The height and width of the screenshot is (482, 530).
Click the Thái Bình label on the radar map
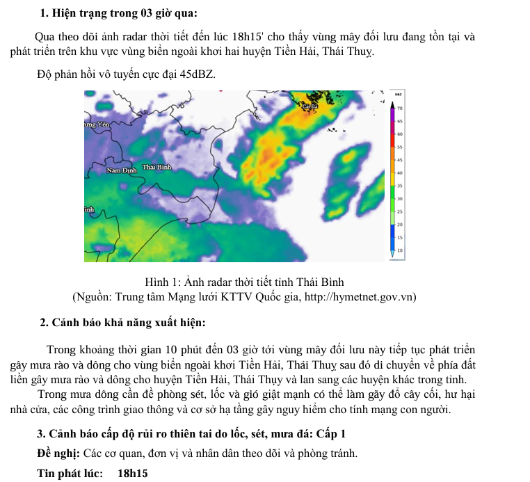click(x=156, y=167)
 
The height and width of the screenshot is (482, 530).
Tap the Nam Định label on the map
click(x=122, y=170)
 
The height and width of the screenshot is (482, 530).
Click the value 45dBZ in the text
click(x=197, y=74)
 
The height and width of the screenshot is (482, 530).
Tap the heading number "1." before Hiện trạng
click(x=45, y=13)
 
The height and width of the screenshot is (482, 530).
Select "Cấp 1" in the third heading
click(x=330, y=434)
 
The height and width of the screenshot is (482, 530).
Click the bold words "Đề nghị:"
click(x=58, y=454)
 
